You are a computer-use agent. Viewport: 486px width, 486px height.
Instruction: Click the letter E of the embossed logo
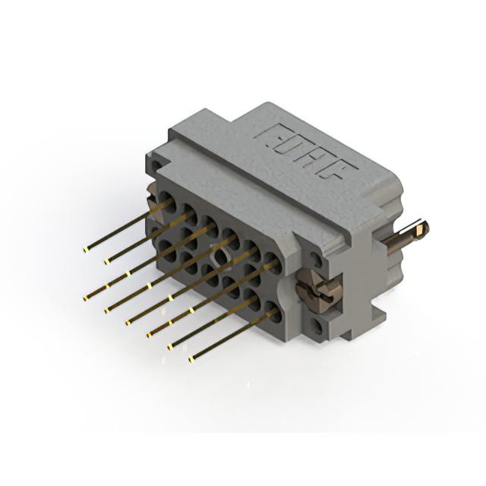pos(272,134)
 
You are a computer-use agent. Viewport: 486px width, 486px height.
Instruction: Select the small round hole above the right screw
pos(317,259)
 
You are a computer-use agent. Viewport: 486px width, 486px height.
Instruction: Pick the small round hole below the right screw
pos(317,326)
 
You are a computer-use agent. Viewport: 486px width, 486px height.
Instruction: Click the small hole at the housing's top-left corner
pos(157,163)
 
